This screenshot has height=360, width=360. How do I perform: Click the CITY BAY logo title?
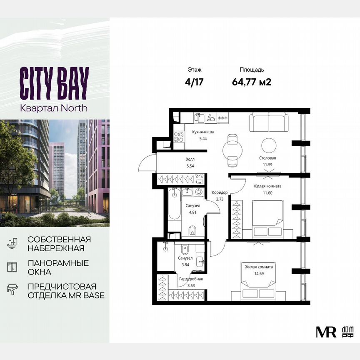click(54, 83)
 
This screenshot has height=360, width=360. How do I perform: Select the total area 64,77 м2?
click(252, 82)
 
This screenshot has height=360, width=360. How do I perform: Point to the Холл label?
click(190, 160)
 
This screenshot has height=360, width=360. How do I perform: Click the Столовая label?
click(267, 158)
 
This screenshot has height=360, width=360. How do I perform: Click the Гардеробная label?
click(191, 279)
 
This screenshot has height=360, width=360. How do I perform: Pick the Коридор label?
click(220, 192)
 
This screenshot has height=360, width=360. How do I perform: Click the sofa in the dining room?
click(268, 121)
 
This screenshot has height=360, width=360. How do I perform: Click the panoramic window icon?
click(12, 267)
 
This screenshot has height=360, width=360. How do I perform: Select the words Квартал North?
click(54, 108)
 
